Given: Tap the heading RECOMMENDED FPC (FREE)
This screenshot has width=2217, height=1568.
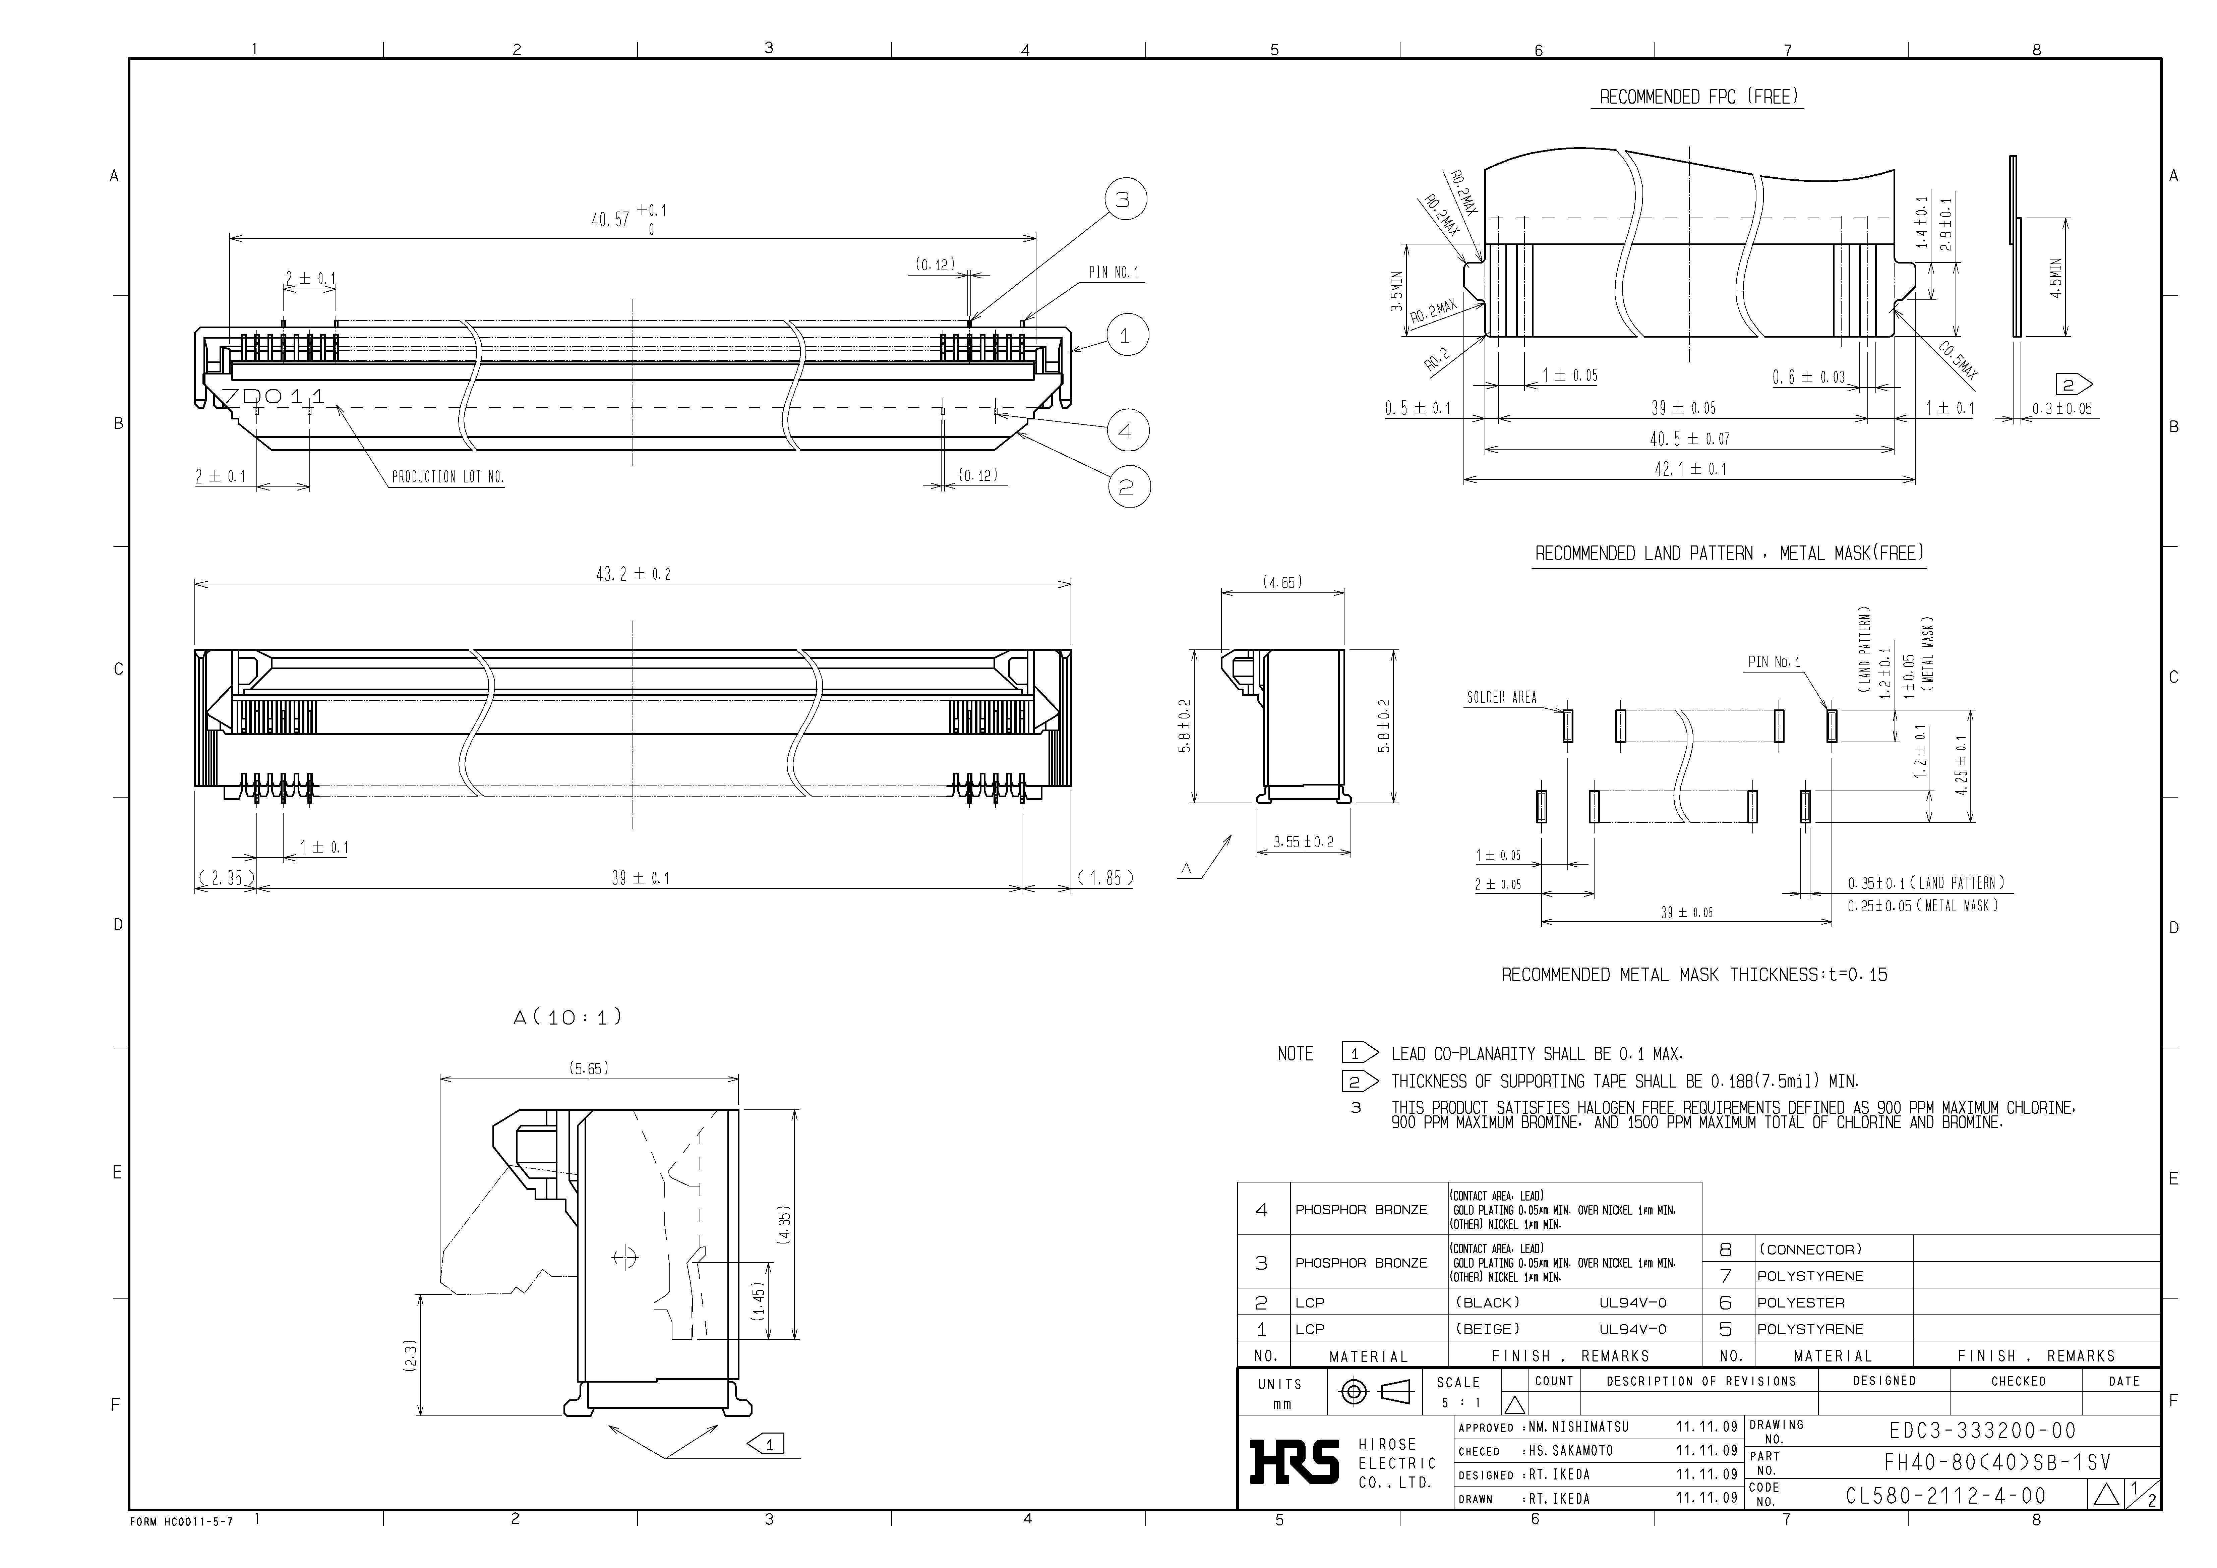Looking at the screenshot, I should pyautogui.click(x=1699, y=98).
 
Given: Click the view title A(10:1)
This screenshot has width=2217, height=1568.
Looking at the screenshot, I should pyautogui.click(x=568, y=1018).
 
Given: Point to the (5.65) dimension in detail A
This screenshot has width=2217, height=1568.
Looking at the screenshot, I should pyautogui.click(x=588, y=1069).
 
